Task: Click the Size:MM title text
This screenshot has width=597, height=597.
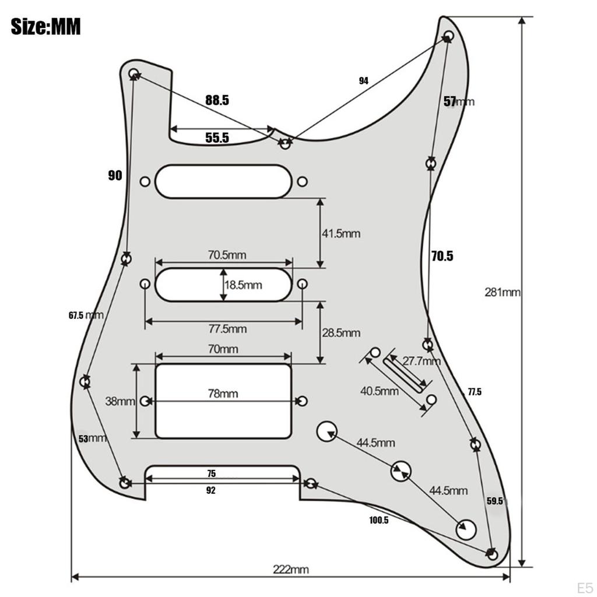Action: [x=45, y=26]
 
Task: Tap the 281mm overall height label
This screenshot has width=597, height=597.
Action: [x=502, y=292]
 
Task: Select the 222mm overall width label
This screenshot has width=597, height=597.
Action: [x=291, y=569]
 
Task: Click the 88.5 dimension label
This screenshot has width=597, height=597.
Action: [x=217, y=100]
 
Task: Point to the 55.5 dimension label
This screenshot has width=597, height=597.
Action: [x=217, y=138]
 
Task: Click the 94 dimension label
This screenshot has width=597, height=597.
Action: [x=364, y=81]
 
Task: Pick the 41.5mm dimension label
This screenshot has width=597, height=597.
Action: [x=341, y=234]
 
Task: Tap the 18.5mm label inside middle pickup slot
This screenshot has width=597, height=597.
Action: [x=243, y=285]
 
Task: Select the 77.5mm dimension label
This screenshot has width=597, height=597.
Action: [x=227, y=329]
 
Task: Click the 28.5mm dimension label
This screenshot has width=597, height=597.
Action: [x=341, y=333]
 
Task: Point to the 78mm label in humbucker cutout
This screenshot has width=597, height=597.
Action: [x=223, y=394]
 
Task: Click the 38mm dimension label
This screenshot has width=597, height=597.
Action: [x=120, y=401]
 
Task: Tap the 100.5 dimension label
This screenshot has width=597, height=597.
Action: [x=378, y=520]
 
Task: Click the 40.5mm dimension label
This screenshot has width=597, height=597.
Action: [x=379, y=391]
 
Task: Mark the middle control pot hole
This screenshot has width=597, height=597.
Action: [x=400, y=470]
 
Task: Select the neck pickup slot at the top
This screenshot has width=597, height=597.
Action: [x=223, y=181]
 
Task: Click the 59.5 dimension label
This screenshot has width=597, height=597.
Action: [x=494, y=501]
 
